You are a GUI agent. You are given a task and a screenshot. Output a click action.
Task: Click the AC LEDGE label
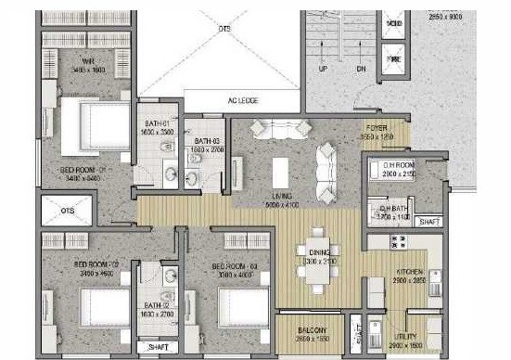244,102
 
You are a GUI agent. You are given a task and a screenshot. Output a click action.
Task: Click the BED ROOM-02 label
92,264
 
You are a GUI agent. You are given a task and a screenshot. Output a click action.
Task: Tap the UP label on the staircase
323,69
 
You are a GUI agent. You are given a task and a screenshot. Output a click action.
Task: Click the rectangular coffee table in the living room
279,172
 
